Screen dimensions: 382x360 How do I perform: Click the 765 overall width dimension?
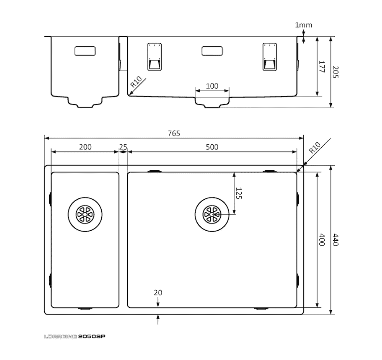point(174,133)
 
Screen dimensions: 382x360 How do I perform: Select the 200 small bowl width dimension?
point(85,147)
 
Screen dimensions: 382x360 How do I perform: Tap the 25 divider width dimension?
point(123,147)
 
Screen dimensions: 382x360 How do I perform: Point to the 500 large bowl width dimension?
point(212,147)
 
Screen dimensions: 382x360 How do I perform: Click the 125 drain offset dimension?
point(239,194)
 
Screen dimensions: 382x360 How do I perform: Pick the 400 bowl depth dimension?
point(322,240)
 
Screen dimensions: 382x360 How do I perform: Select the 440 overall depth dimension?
point(336,240)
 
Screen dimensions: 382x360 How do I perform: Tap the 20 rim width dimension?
point(158,292)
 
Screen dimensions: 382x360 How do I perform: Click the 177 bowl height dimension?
point(322,67)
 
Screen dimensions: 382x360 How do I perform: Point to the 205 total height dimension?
point(336,72)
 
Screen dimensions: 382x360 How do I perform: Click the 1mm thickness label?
point(303,25)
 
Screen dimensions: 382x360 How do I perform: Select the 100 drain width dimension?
point(212,86)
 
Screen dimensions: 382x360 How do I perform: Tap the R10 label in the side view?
point(136,82)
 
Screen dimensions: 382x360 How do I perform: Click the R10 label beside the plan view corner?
point(314,148)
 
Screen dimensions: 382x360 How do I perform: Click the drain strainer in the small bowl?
point(85,214)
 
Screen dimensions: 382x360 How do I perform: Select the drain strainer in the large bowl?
point(212,214)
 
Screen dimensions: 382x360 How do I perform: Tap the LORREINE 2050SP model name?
point(75,337)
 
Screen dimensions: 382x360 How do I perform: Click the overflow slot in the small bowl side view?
point(85,51)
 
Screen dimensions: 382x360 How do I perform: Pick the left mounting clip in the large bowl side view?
point(154,57)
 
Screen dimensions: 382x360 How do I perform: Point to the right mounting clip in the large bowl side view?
point(270,57)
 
